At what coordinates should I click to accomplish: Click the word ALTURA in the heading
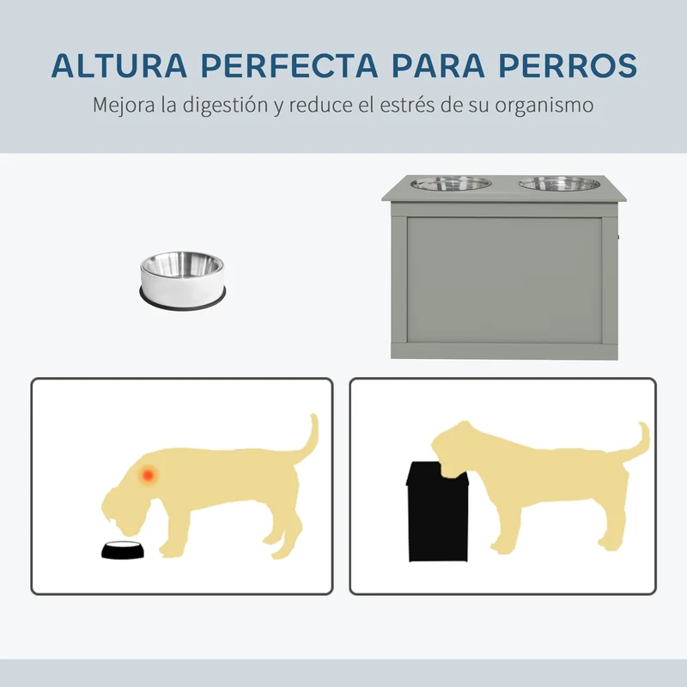click(119, 66)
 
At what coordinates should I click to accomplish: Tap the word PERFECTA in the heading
click(289, 66)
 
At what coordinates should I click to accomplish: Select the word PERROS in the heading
click(568, 66)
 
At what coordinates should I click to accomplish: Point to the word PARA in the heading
click(438, 66)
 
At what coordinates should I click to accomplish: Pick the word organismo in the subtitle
click(544, 106)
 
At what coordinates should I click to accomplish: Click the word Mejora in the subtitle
click(124, 106)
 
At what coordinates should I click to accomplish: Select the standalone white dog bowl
click(183, 281)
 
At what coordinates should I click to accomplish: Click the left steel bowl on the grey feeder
click(451, 183)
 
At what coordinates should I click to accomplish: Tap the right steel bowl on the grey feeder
click(560, 183)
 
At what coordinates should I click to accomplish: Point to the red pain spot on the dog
click(148, 475)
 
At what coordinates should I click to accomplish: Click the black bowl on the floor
click(123, 550)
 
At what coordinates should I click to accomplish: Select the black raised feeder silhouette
click(438, 511)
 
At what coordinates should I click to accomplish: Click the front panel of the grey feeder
click(504, 280)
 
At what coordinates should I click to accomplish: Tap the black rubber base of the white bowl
click(183, 300)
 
